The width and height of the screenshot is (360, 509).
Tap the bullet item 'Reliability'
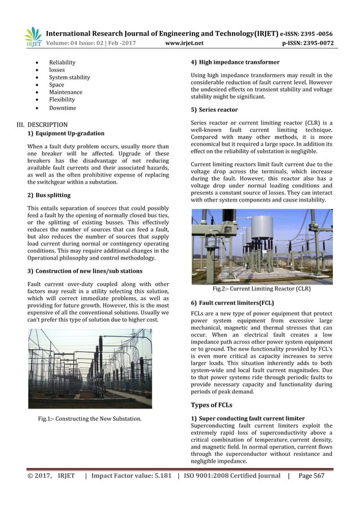click(x=62, y=62)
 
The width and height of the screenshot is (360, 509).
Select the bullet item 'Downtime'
click(x=62, y=108)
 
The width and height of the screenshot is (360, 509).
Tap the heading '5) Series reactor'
click(x=214, y=109)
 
